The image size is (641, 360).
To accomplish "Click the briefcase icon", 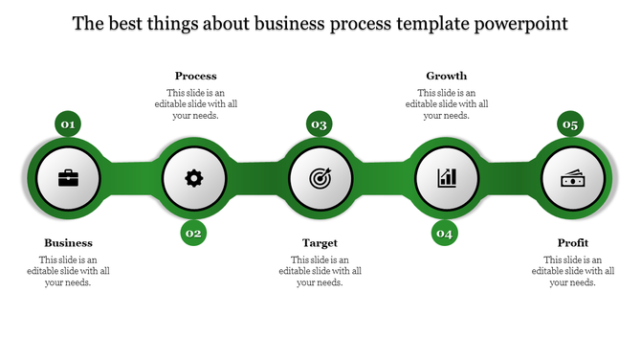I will point(69,178).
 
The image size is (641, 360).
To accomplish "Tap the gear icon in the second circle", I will point(194,178).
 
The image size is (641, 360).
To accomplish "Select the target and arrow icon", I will point(320,178).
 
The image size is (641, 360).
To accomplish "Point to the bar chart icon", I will point(447,178).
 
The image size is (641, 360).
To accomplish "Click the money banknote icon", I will point(572,178).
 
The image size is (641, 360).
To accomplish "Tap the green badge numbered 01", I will point(68,124).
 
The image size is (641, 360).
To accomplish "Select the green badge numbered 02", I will point(194,233).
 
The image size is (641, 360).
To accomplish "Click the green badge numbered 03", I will point(320,124).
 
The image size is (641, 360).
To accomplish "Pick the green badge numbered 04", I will point(445,233).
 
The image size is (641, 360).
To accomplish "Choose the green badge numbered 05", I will point(571,124).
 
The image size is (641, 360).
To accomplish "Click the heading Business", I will point(68,243).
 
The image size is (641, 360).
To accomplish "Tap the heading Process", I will point(195,76).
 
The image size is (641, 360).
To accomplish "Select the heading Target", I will point(320,243).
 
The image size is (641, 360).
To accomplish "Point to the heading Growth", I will point(446,76).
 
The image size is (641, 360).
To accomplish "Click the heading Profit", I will point(572,243).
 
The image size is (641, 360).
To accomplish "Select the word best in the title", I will point(126,22).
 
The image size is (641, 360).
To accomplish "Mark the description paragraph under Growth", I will point(446,103).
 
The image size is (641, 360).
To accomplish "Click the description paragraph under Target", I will point(320,271).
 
